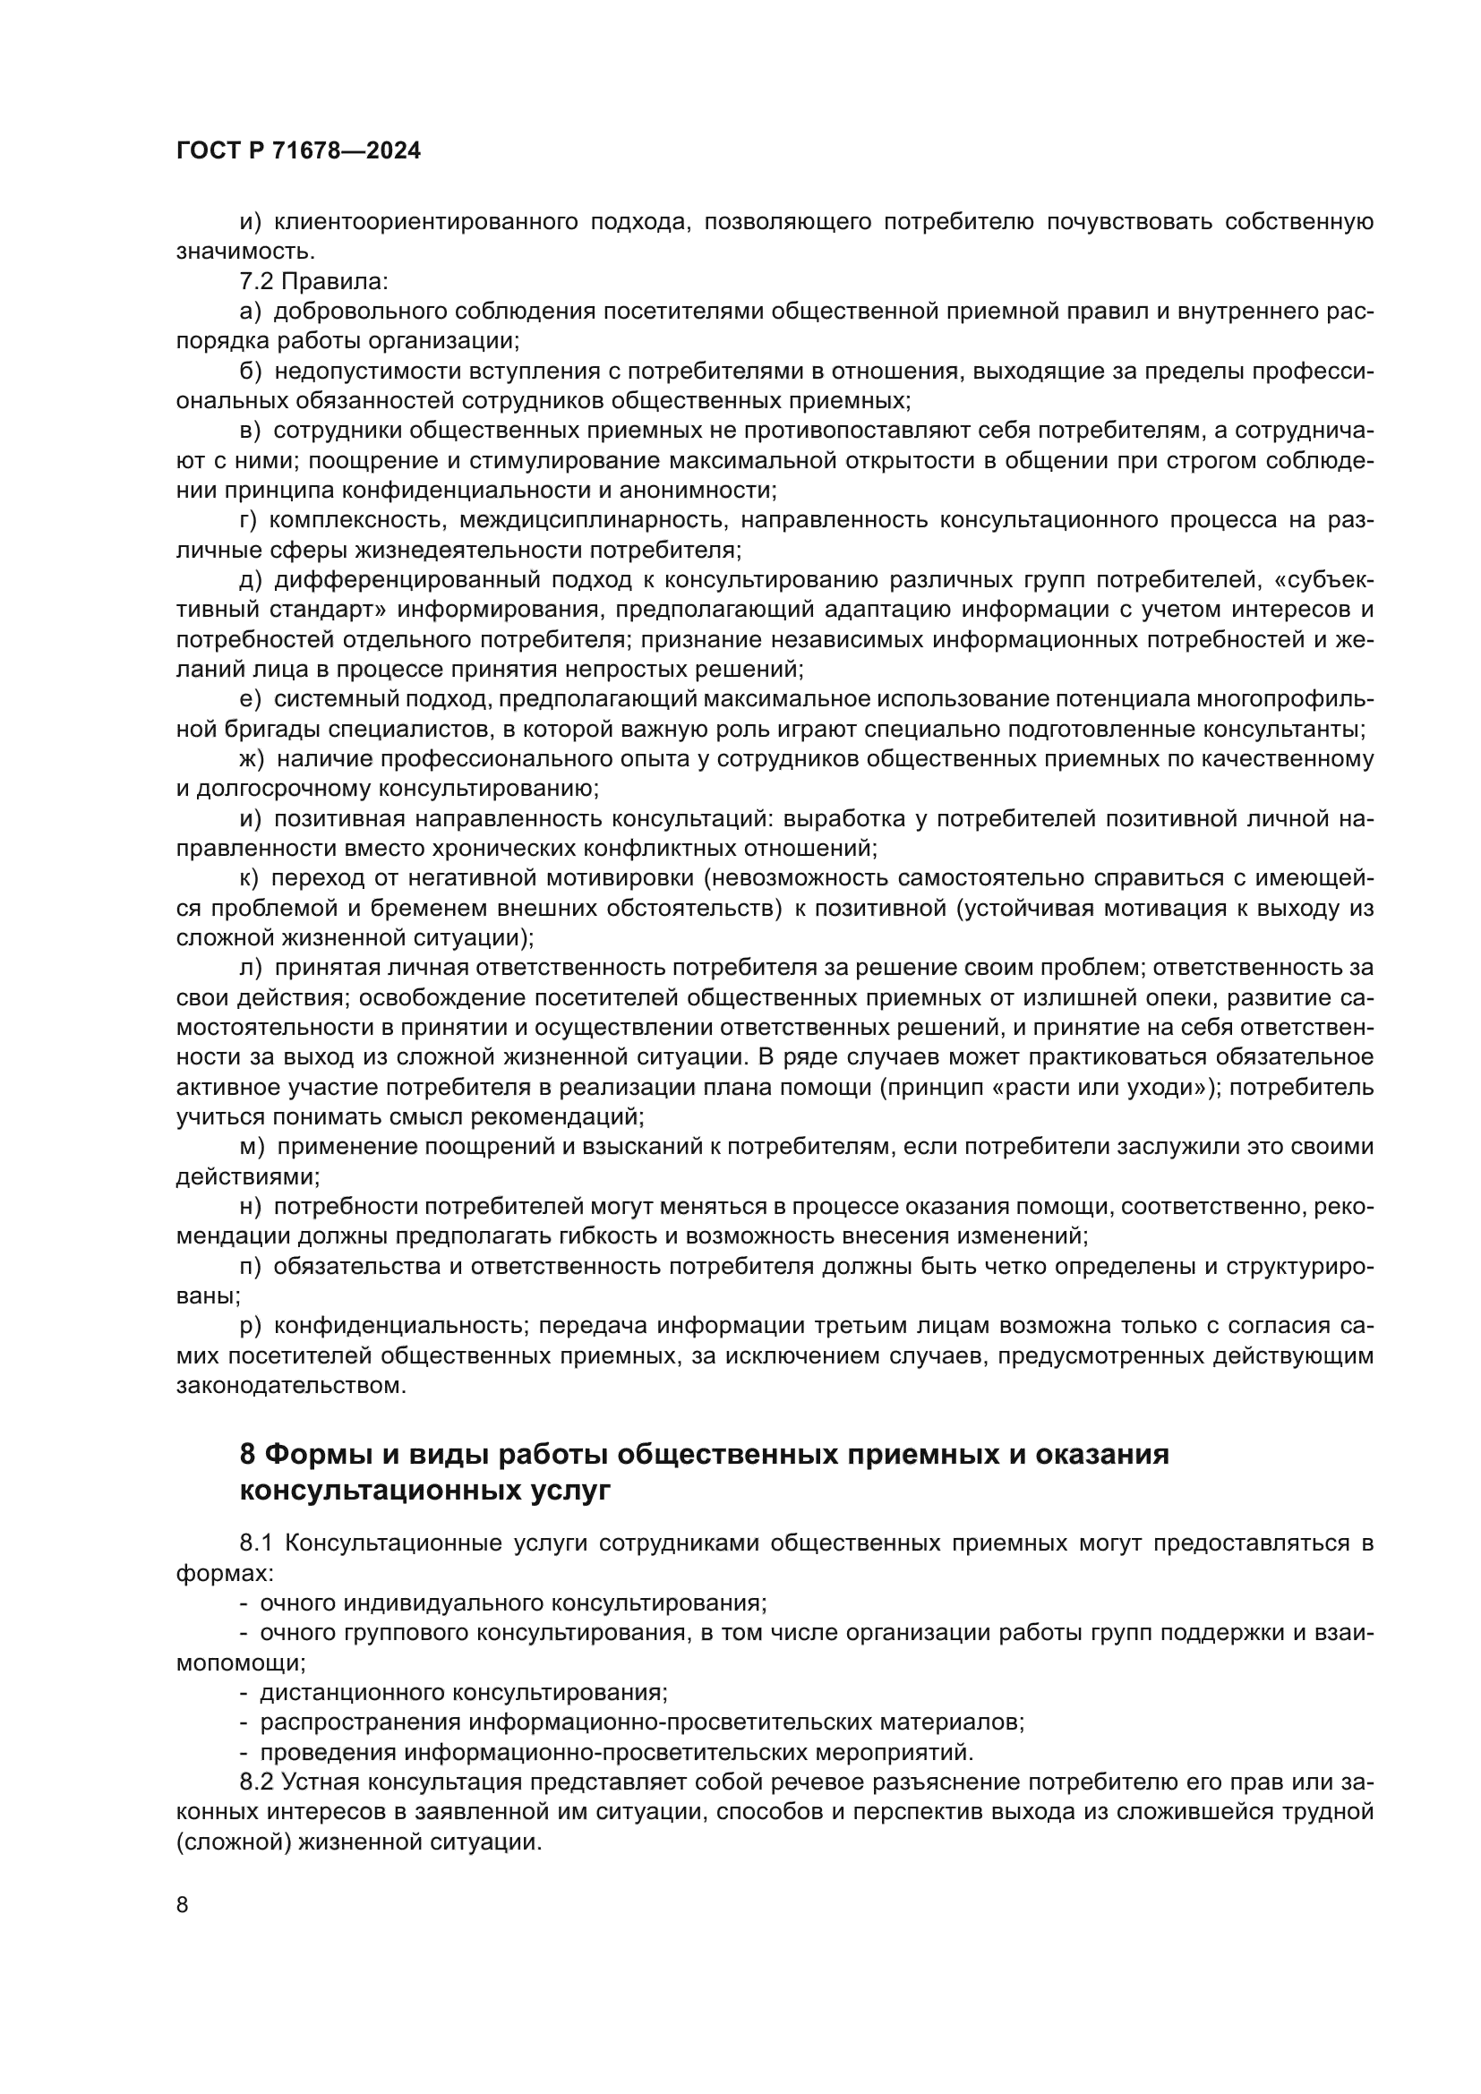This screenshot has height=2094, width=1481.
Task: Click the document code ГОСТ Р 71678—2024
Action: (x=298, y=151)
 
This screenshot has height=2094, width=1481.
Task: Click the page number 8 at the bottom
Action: (x=183, y=1905)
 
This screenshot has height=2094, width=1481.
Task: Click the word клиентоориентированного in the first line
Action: (x=426, y=222)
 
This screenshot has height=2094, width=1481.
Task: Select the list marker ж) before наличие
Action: (x=252, y=759)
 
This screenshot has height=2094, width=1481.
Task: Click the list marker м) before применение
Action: (x=252, y=1148)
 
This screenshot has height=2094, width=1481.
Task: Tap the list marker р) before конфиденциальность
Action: (x=251, y=1325)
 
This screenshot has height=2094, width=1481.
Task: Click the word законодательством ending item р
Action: (x=290, y=1385)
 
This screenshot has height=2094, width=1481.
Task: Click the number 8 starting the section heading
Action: (x=247, y=1454)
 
